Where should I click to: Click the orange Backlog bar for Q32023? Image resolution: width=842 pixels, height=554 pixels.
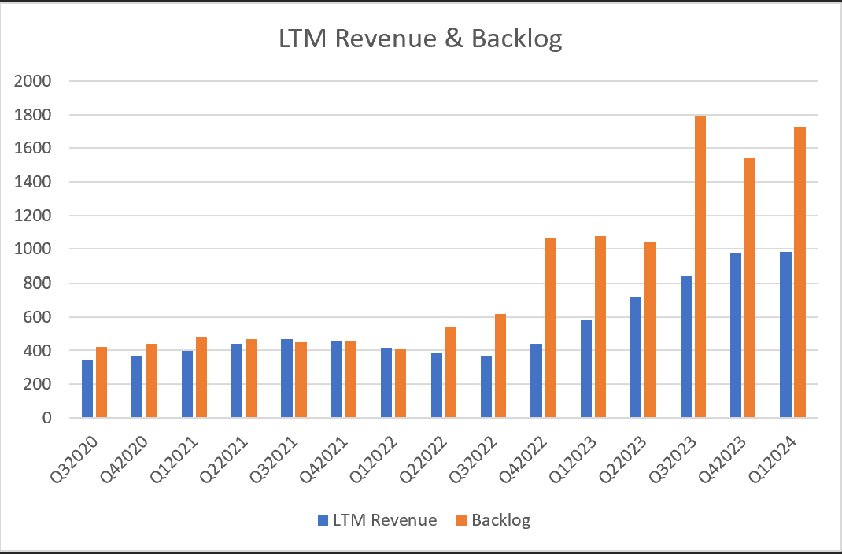[700, 267]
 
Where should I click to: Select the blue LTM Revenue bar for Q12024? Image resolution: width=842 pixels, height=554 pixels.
[785, 334]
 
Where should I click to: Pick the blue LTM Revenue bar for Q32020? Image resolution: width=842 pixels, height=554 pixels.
[87, 389]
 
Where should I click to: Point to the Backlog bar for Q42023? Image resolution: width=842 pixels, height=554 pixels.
[750, 288]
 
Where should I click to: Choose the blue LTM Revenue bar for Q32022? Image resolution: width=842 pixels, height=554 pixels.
[486, 386]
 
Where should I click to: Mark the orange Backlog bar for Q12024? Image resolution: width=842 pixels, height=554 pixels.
[800, 272]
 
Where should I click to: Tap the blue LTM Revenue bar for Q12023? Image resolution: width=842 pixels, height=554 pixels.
[586, 369]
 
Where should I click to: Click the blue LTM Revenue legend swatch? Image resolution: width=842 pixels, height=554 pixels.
[323, 520]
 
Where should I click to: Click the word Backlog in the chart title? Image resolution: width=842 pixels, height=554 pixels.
[517, 39]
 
